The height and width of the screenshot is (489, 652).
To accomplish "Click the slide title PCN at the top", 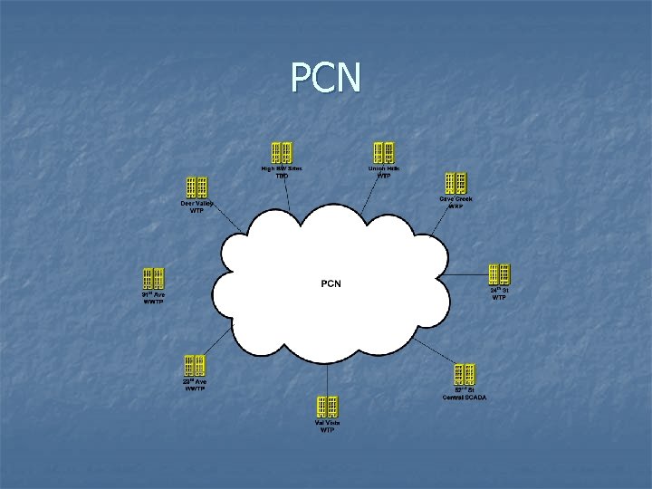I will (x=326, y=78).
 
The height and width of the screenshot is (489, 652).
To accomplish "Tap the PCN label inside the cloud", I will (x=331, y=283).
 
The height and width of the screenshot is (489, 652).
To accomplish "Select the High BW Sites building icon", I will (x=282, y=153).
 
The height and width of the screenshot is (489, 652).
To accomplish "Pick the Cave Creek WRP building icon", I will (x=455, y=184).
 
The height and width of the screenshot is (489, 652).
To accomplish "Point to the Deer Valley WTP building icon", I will (x=197, y=187).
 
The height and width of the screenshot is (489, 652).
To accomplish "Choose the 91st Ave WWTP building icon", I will (x=153, y=278).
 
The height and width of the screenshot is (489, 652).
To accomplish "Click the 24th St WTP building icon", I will (x=499, y=273).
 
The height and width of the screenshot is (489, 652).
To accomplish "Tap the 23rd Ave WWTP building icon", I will (x=195, y=366).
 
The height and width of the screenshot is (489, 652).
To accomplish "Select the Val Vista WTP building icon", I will (x=327, y=407).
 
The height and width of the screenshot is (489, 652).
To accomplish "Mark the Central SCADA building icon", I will (x=465, y=374).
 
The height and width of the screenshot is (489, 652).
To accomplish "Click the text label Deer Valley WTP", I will (x=197, y=207).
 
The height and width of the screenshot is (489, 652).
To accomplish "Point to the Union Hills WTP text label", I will (x=384, y=172).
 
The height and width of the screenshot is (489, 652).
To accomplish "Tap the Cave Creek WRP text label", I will (x=455, y=203).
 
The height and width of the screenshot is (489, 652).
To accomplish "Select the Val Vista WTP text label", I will (x=327, y=427).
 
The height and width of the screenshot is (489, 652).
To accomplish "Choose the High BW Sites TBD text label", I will (x=282, y=172).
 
